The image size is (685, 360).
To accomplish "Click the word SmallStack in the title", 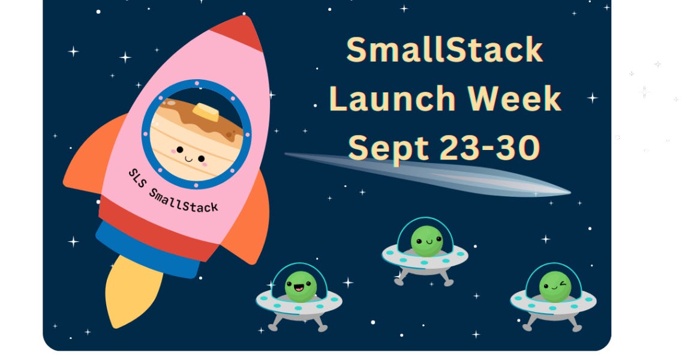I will tap(444, 50).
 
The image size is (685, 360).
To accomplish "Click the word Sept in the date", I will tap(385, 147).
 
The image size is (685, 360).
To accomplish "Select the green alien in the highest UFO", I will tap(426, 241).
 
